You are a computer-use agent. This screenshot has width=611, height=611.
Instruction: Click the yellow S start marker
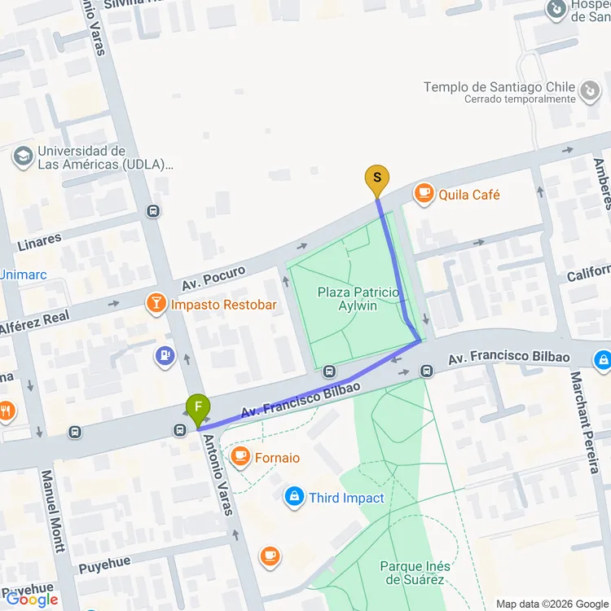point(376,178)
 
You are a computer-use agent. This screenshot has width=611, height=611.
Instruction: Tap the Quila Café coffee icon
point(424,194)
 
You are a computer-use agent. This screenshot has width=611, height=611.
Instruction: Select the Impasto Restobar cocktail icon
point(155,305)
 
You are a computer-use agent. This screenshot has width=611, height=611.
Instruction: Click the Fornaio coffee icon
point(240,457)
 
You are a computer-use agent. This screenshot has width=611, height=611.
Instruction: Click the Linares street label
point(39,240)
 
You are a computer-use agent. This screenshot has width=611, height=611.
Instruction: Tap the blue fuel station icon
point(165,356)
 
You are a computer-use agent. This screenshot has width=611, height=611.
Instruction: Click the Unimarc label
point(23,275)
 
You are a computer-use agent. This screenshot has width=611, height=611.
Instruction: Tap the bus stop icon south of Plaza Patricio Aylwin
point(329,371)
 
